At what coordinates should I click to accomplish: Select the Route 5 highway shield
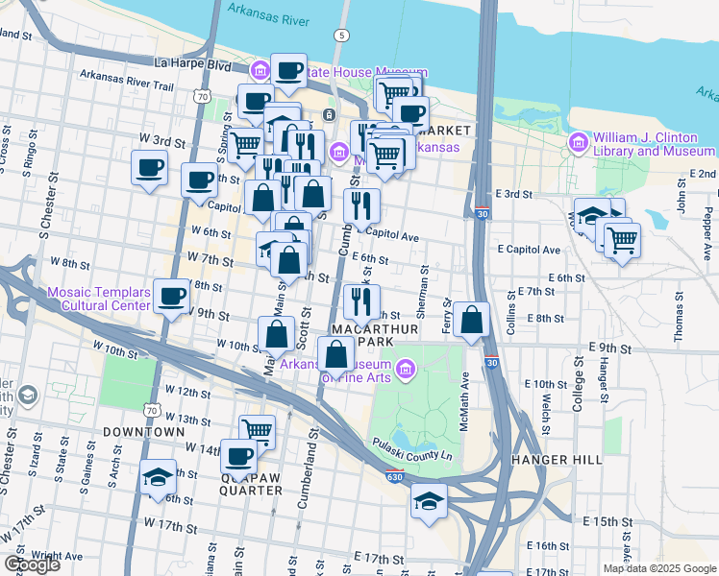pyautogui.click(x=340, y=36)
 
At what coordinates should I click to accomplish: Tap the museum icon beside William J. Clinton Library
pyautogui.click(x=579, y=143)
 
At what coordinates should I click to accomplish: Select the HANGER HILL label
pyautogui.click(x=558, y=460)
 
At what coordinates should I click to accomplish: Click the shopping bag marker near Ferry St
pyautogui.click(x=471, y=321)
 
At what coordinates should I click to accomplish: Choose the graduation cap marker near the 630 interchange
pyautogui.click(x=429, y=500)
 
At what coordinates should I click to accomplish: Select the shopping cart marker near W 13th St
pyautogui.click(x=258, y=431)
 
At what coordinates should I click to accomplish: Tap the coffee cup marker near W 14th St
pyautogui.click(x=238, y=455)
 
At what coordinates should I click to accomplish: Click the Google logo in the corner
pyautogui.click(x=31, y=564)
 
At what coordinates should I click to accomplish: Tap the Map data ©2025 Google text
pyautogui.click(x=658, y=568)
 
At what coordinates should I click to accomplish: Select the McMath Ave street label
pyautogui.click(x=463, y=402)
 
